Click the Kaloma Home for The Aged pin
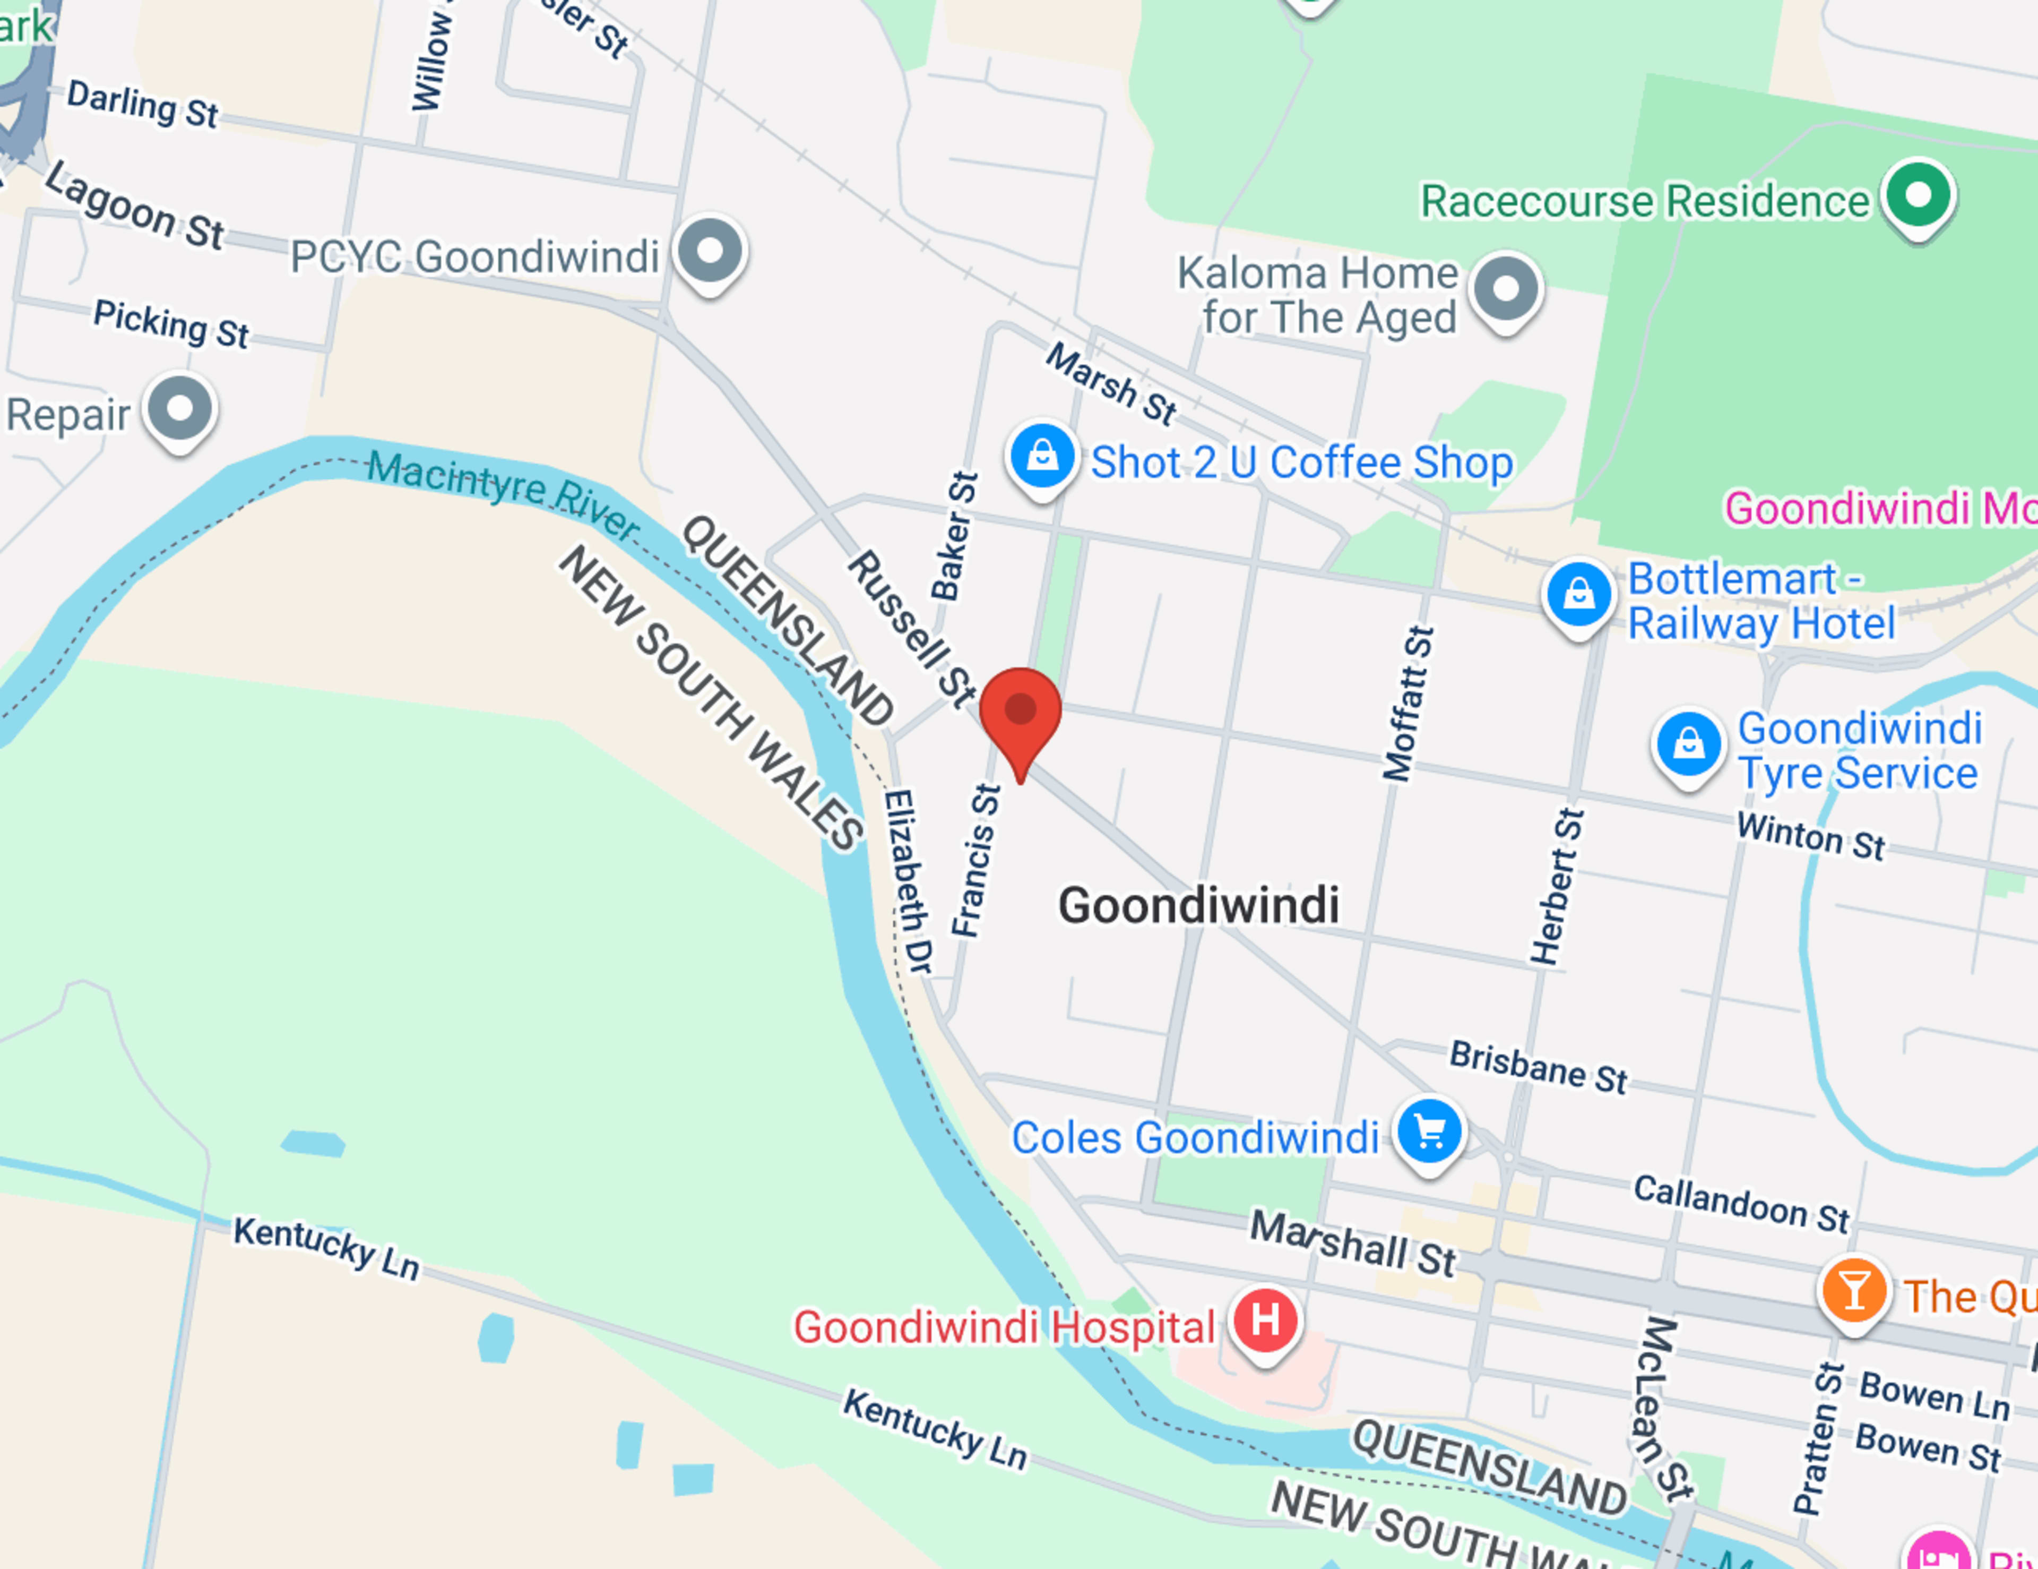pyautogui.click(x=1505, y=288)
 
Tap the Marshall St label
pyautogui.click(x=1352, y=1242)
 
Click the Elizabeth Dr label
pyautogui.click(x=908, y=881)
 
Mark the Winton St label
pyautogui.click(x=1810, y=835)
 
